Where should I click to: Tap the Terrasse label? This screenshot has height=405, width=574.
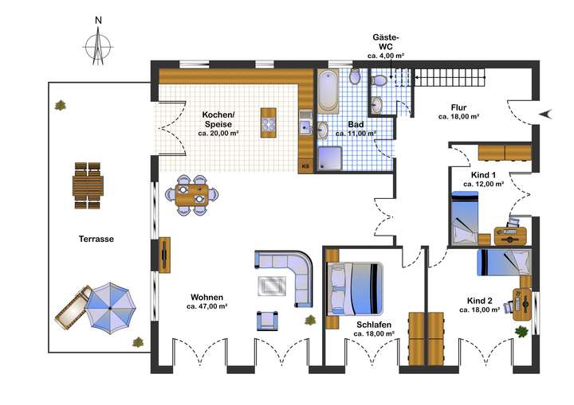coord(96,239)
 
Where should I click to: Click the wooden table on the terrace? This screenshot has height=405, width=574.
coord(87,186)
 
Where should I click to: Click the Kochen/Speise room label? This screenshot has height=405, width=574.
coord(216,119)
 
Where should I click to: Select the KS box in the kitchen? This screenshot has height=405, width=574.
coord(305,166)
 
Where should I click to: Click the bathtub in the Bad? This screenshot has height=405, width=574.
coord(328,92)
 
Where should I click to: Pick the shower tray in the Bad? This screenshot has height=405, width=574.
coord(329,158)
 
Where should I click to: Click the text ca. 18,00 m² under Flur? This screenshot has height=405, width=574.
coord(458,117)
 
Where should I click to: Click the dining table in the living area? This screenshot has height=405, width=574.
coord(191,195)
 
